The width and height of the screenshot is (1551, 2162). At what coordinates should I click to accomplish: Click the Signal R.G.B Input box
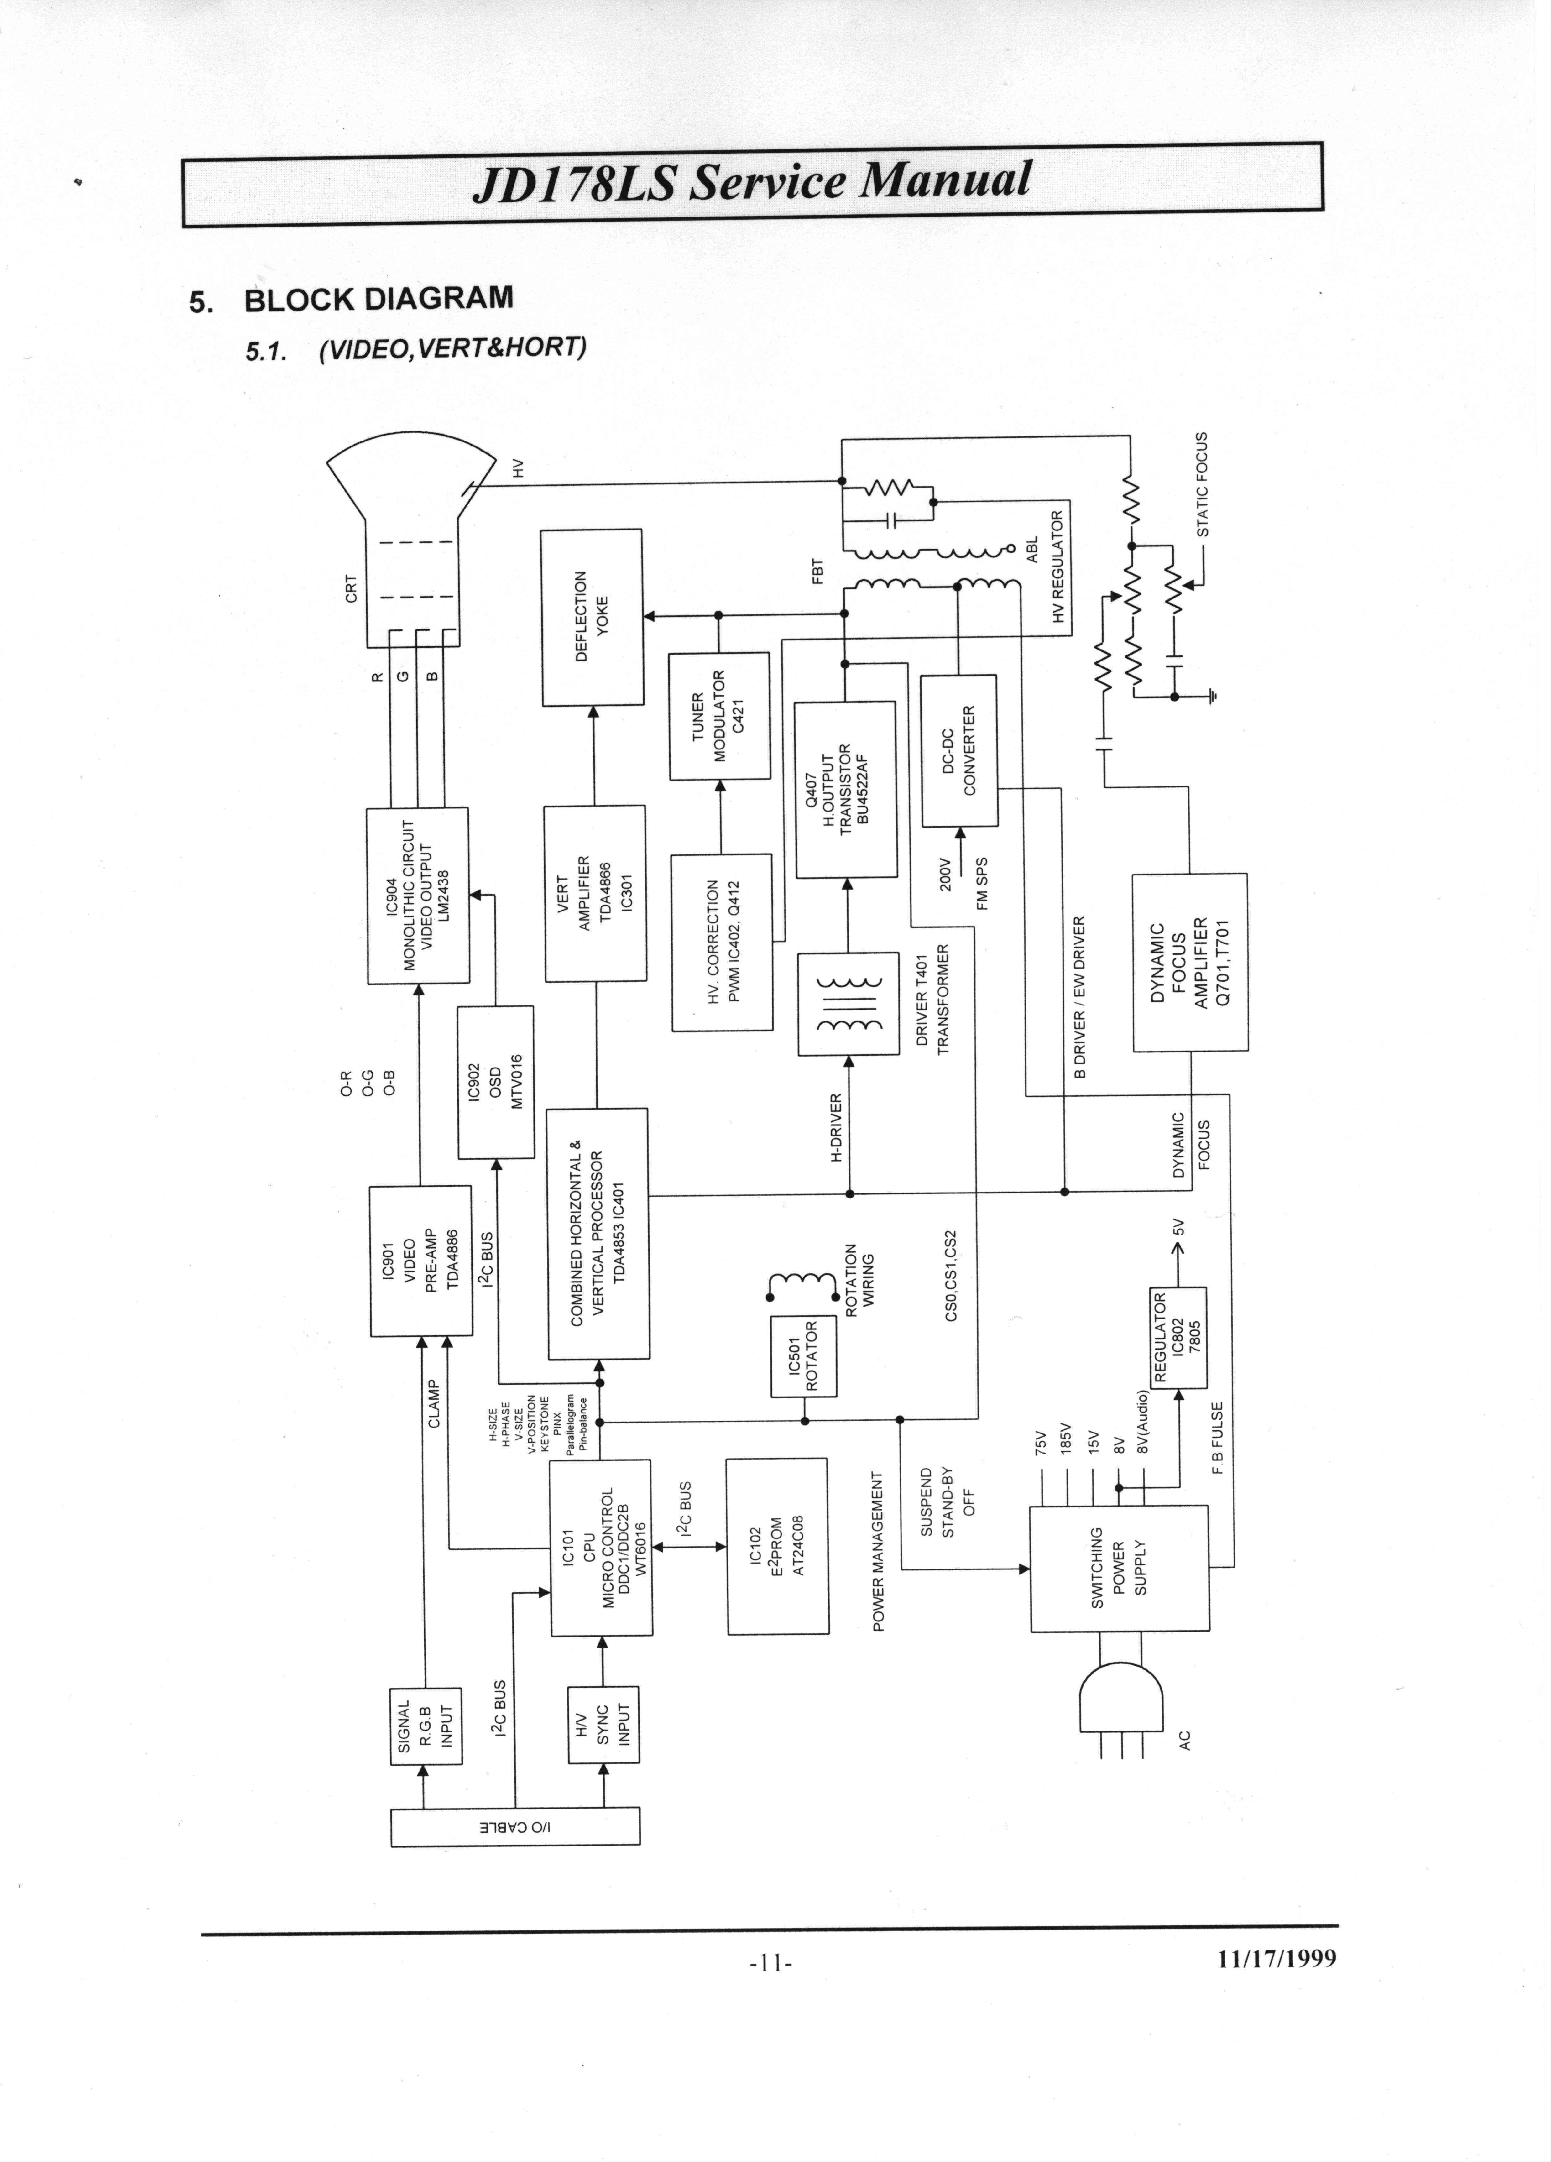(x=425, y=1726)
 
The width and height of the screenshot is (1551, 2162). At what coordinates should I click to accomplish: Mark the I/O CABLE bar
(x=515, y=1827)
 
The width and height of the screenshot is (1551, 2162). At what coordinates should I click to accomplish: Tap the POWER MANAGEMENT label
(x=879, y=1549)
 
